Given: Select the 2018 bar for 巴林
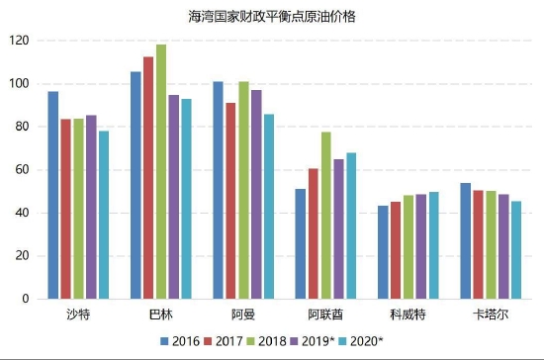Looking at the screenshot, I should (x=161, y=172).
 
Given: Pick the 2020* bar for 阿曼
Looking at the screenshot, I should (x=269, y=207).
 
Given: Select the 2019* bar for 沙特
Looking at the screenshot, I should (x=91, y=207).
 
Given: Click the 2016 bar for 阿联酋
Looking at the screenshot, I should (x=300, y=243).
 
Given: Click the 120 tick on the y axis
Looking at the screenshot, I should (x=20, y=41).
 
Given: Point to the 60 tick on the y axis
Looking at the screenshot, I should (x=23, y=170).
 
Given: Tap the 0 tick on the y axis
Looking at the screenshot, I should (x=26, y=299).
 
